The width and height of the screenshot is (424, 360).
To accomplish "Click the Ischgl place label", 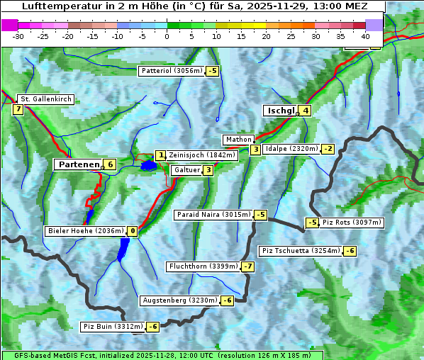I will (280, 111).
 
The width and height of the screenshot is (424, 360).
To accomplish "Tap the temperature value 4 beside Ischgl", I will (305, 111).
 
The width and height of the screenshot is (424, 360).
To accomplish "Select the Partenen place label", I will (78, 164).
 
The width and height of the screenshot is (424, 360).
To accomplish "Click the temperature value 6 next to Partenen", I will (110, 164).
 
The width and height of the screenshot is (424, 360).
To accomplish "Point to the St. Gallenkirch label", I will (45, 99).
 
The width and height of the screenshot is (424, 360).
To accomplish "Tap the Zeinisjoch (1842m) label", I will (201, 155).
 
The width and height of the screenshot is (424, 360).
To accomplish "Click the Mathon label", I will (238, 140).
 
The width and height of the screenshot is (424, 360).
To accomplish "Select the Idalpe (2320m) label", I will (291, 149).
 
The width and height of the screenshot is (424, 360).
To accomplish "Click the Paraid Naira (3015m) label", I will (213, 215).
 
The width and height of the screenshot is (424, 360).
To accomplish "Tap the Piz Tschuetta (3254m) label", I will (301, 251).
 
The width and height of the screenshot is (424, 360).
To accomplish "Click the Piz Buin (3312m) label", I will (113, 327).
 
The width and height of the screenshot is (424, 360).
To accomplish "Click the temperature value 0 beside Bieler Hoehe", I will (133, 231).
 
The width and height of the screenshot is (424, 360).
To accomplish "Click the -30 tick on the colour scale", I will (18, 35).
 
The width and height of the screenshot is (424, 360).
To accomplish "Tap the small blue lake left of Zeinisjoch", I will (148, 166).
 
